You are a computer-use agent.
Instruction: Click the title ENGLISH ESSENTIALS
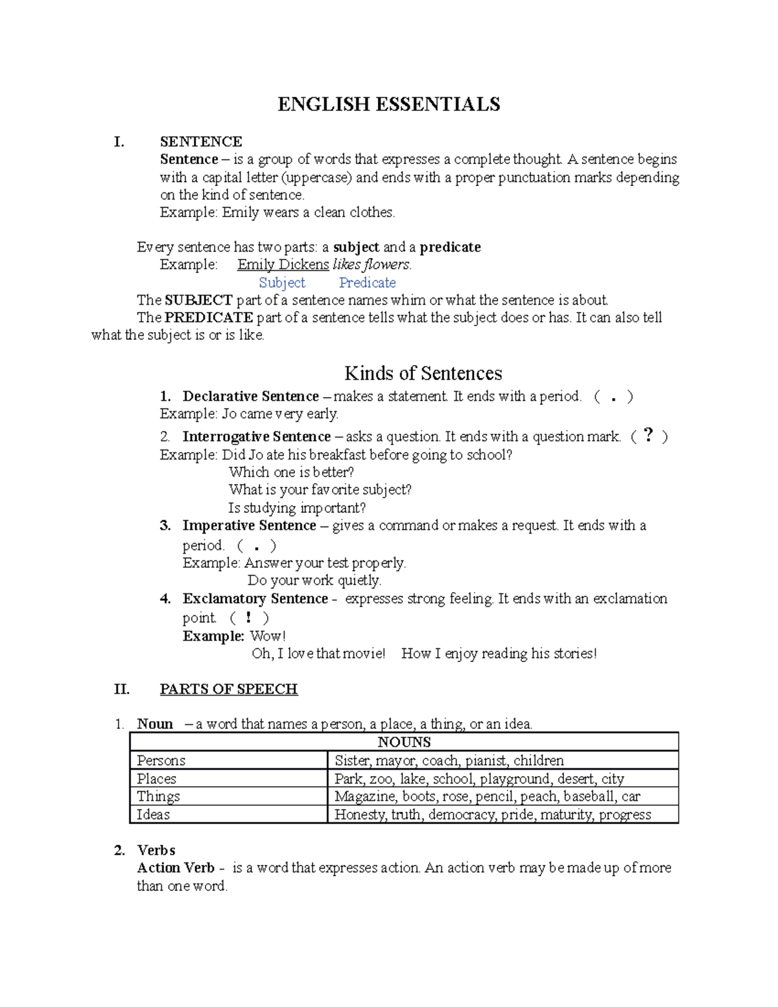pos(388,104)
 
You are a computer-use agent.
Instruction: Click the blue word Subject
pos(282,283)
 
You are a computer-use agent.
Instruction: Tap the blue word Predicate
pos(367,283)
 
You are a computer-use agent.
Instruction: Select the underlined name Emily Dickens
pos(283,265)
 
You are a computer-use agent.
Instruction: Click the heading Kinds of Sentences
pos(423,373)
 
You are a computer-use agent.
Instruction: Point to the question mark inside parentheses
pos(648,436)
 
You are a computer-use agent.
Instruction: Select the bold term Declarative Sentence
pos(250,396)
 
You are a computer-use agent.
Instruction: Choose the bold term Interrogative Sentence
pos(256,436)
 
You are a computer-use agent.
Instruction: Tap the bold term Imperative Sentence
pos(249,525)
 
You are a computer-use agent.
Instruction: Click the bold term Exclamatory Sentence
pos(255,598)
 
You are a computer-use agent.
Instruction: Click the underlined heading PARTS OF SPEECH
pos(228,689)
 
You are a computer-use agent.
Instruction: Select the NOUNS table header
pos(404,742)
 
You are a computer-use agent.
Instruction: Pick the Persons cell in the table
pos(161,761)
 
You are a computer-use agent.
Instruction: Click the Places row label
pos(157,779)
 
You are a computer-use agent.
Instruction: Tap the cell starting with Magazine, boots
pos(487,796)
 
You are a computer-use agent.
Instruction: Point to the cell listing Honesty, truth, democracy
pos(492,814)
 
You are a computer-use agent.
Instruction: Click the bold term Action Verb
pos(176,868)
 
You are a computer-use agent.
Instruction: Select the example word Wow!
pos(268,636)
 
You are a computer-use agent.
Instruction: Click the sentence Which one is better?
pos(291,472)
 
